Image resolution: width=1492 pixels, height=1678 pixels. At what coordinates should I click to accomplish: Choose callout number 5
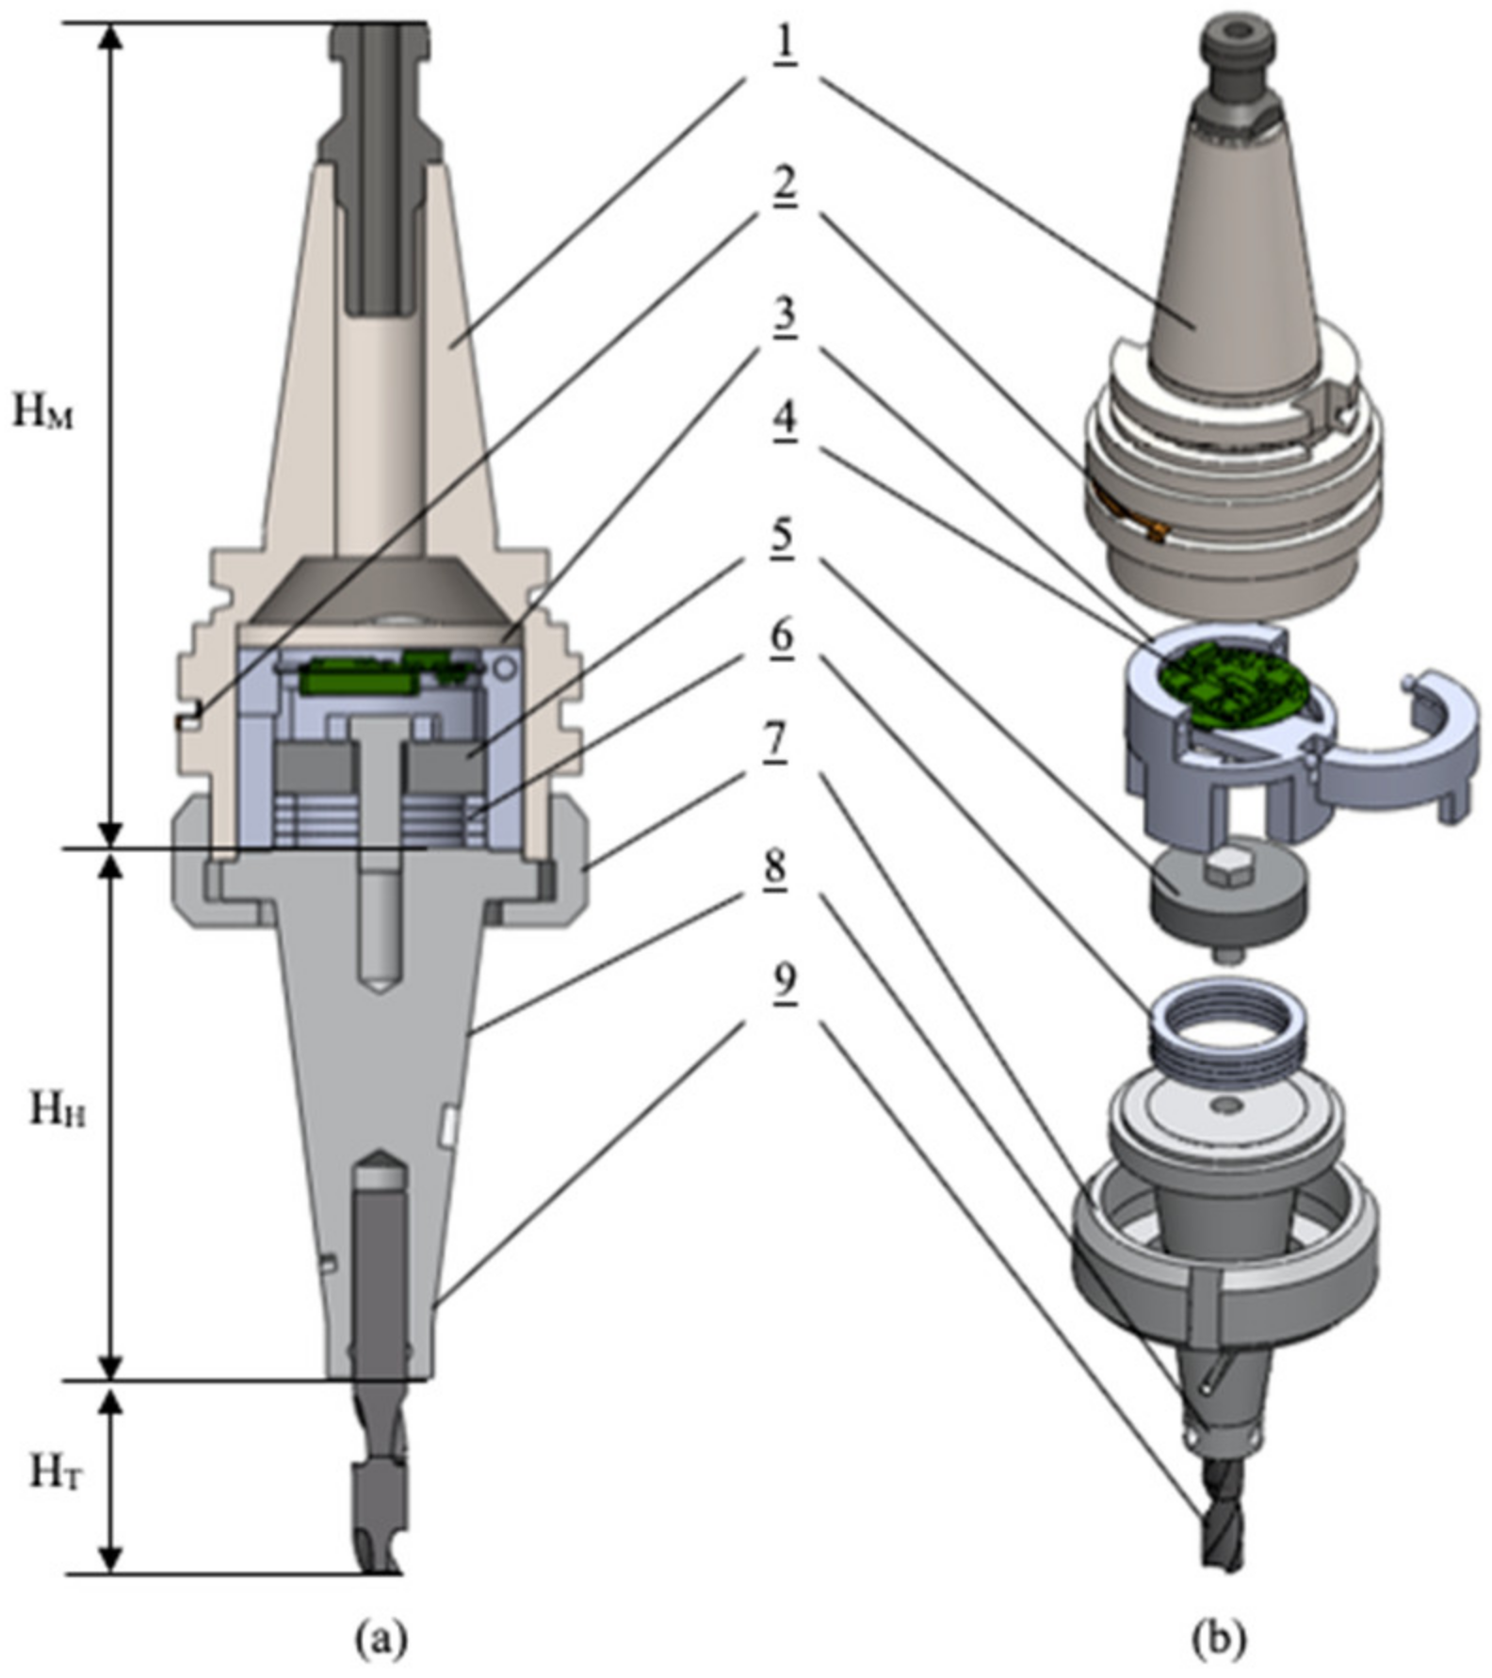coord(782,539)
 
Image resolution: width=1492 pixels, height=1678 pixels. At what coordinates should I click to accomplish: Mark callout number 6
coord(782,639)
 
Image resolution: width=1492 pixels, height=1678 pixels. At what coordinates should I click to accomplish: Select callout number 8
coord(776,866)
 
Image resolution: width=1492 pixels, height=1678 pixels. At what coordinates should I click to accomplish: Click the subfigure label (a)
coord(381,1639)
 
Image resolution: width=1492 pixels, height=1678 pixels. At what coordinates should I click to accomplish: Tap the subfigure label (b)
coord(1219,1639)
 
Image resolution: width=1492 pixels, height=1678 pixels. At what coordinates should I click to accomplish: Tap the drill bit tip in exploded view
coord(1223,1558)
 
